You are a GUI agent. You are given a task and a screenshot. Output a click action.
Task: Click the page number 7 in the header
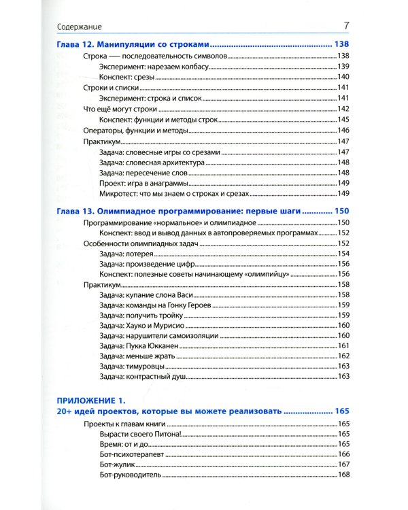(x=346, y=27)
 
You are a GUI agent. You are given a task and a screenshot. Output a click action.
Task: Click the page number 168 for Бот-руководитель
(x=343, y=475)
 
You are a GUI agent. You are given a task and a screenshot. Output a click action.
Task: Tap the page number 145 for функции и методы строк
(x=343, y=120)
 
